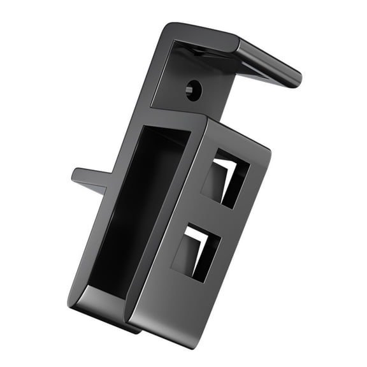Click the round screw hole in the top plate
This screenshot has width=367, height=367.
click(193, 89)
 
